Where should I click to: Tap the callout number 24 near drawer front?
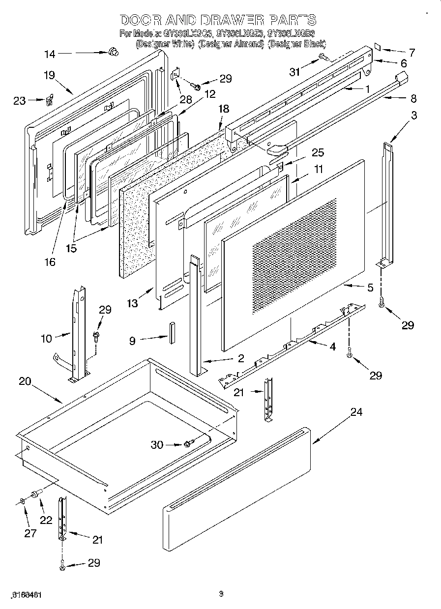(x=356, y=412)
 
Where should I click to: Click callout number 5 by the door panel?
(x=370, y=288)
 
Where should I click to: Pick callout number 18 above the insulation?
(x=224, y=109)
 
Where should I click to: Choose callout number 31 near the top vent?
(x=294, y=72)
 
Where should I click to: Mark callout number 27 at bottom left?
(x=30, y=533)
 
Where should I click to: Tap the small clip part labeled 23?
(x=49, y=101)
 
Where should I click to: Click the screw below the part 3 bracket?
(x=382, y=305)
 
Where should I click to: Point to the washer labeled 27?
(x=23, y=501)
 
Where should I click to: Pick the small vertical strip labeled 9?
(x=172, y=332)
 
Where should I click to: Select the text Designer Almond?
(x=231, y=44)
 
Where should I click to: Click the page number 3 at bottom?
(x=221, y=594)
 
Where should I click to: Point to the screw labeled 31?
(x=323, y=57)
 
